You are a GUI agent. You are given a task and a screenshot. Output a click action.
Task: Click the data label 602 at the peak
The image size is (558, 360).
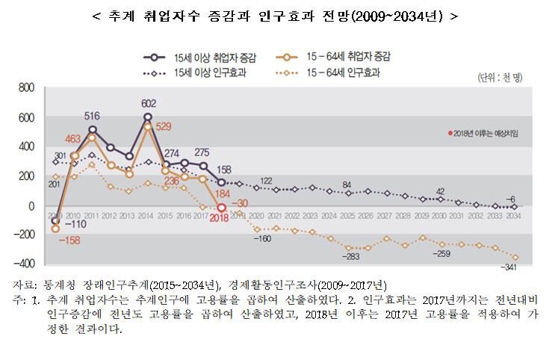click(x=148, y=104)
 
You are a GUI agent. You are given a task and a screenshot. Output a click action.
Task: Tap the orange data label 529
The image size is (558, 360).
click(x=164, y=126)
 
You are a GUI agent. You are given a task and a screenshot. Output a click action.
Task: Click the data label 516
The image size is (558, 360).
click(x=93, y=116)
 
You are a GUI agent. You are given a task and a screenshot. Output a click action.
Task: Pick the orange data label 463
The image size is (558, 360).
click(x=72, y=140)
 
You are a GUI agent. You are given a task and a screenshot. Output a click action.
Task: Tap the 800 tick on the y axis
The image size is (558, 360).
click(x=26, y=88)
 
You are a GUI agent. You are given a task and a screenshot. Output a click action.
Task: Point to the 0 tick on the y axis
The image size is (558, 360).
click(x=31, y=205)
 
